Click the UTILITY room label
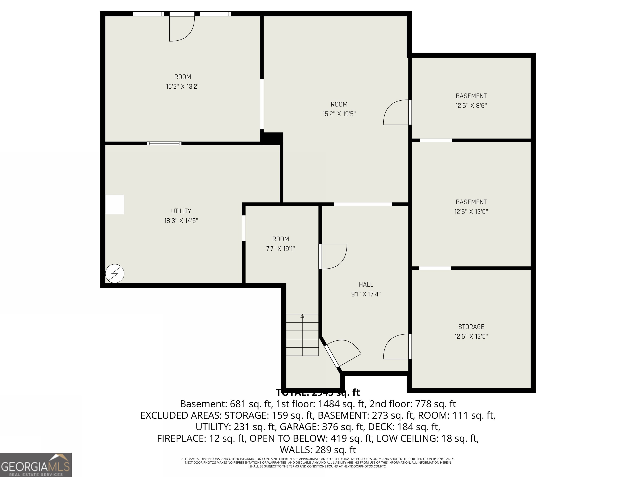pos(181,211)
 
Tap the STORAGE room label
pos(471,327)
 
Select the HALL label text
pos(366,284)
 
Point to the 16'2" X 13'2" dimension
pos(183,87)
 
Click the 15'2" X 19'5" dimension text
pos(339,114)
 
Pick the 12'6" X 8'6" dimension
pos(471,106)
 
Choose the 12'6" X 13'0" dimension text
pos(471,212)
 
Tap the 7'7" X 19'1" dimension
pos(280,249)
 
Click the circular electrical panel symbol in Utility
pos(115,273)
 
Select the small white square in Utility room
pos(114,204)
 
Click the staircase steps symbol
pos(302,335)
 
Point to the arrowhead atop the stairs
pos(302,316)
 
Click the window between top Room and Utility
pos(164,143)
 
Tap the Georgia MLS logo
pos(36,465)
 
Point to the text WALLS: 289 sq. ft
pos(318,449)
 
